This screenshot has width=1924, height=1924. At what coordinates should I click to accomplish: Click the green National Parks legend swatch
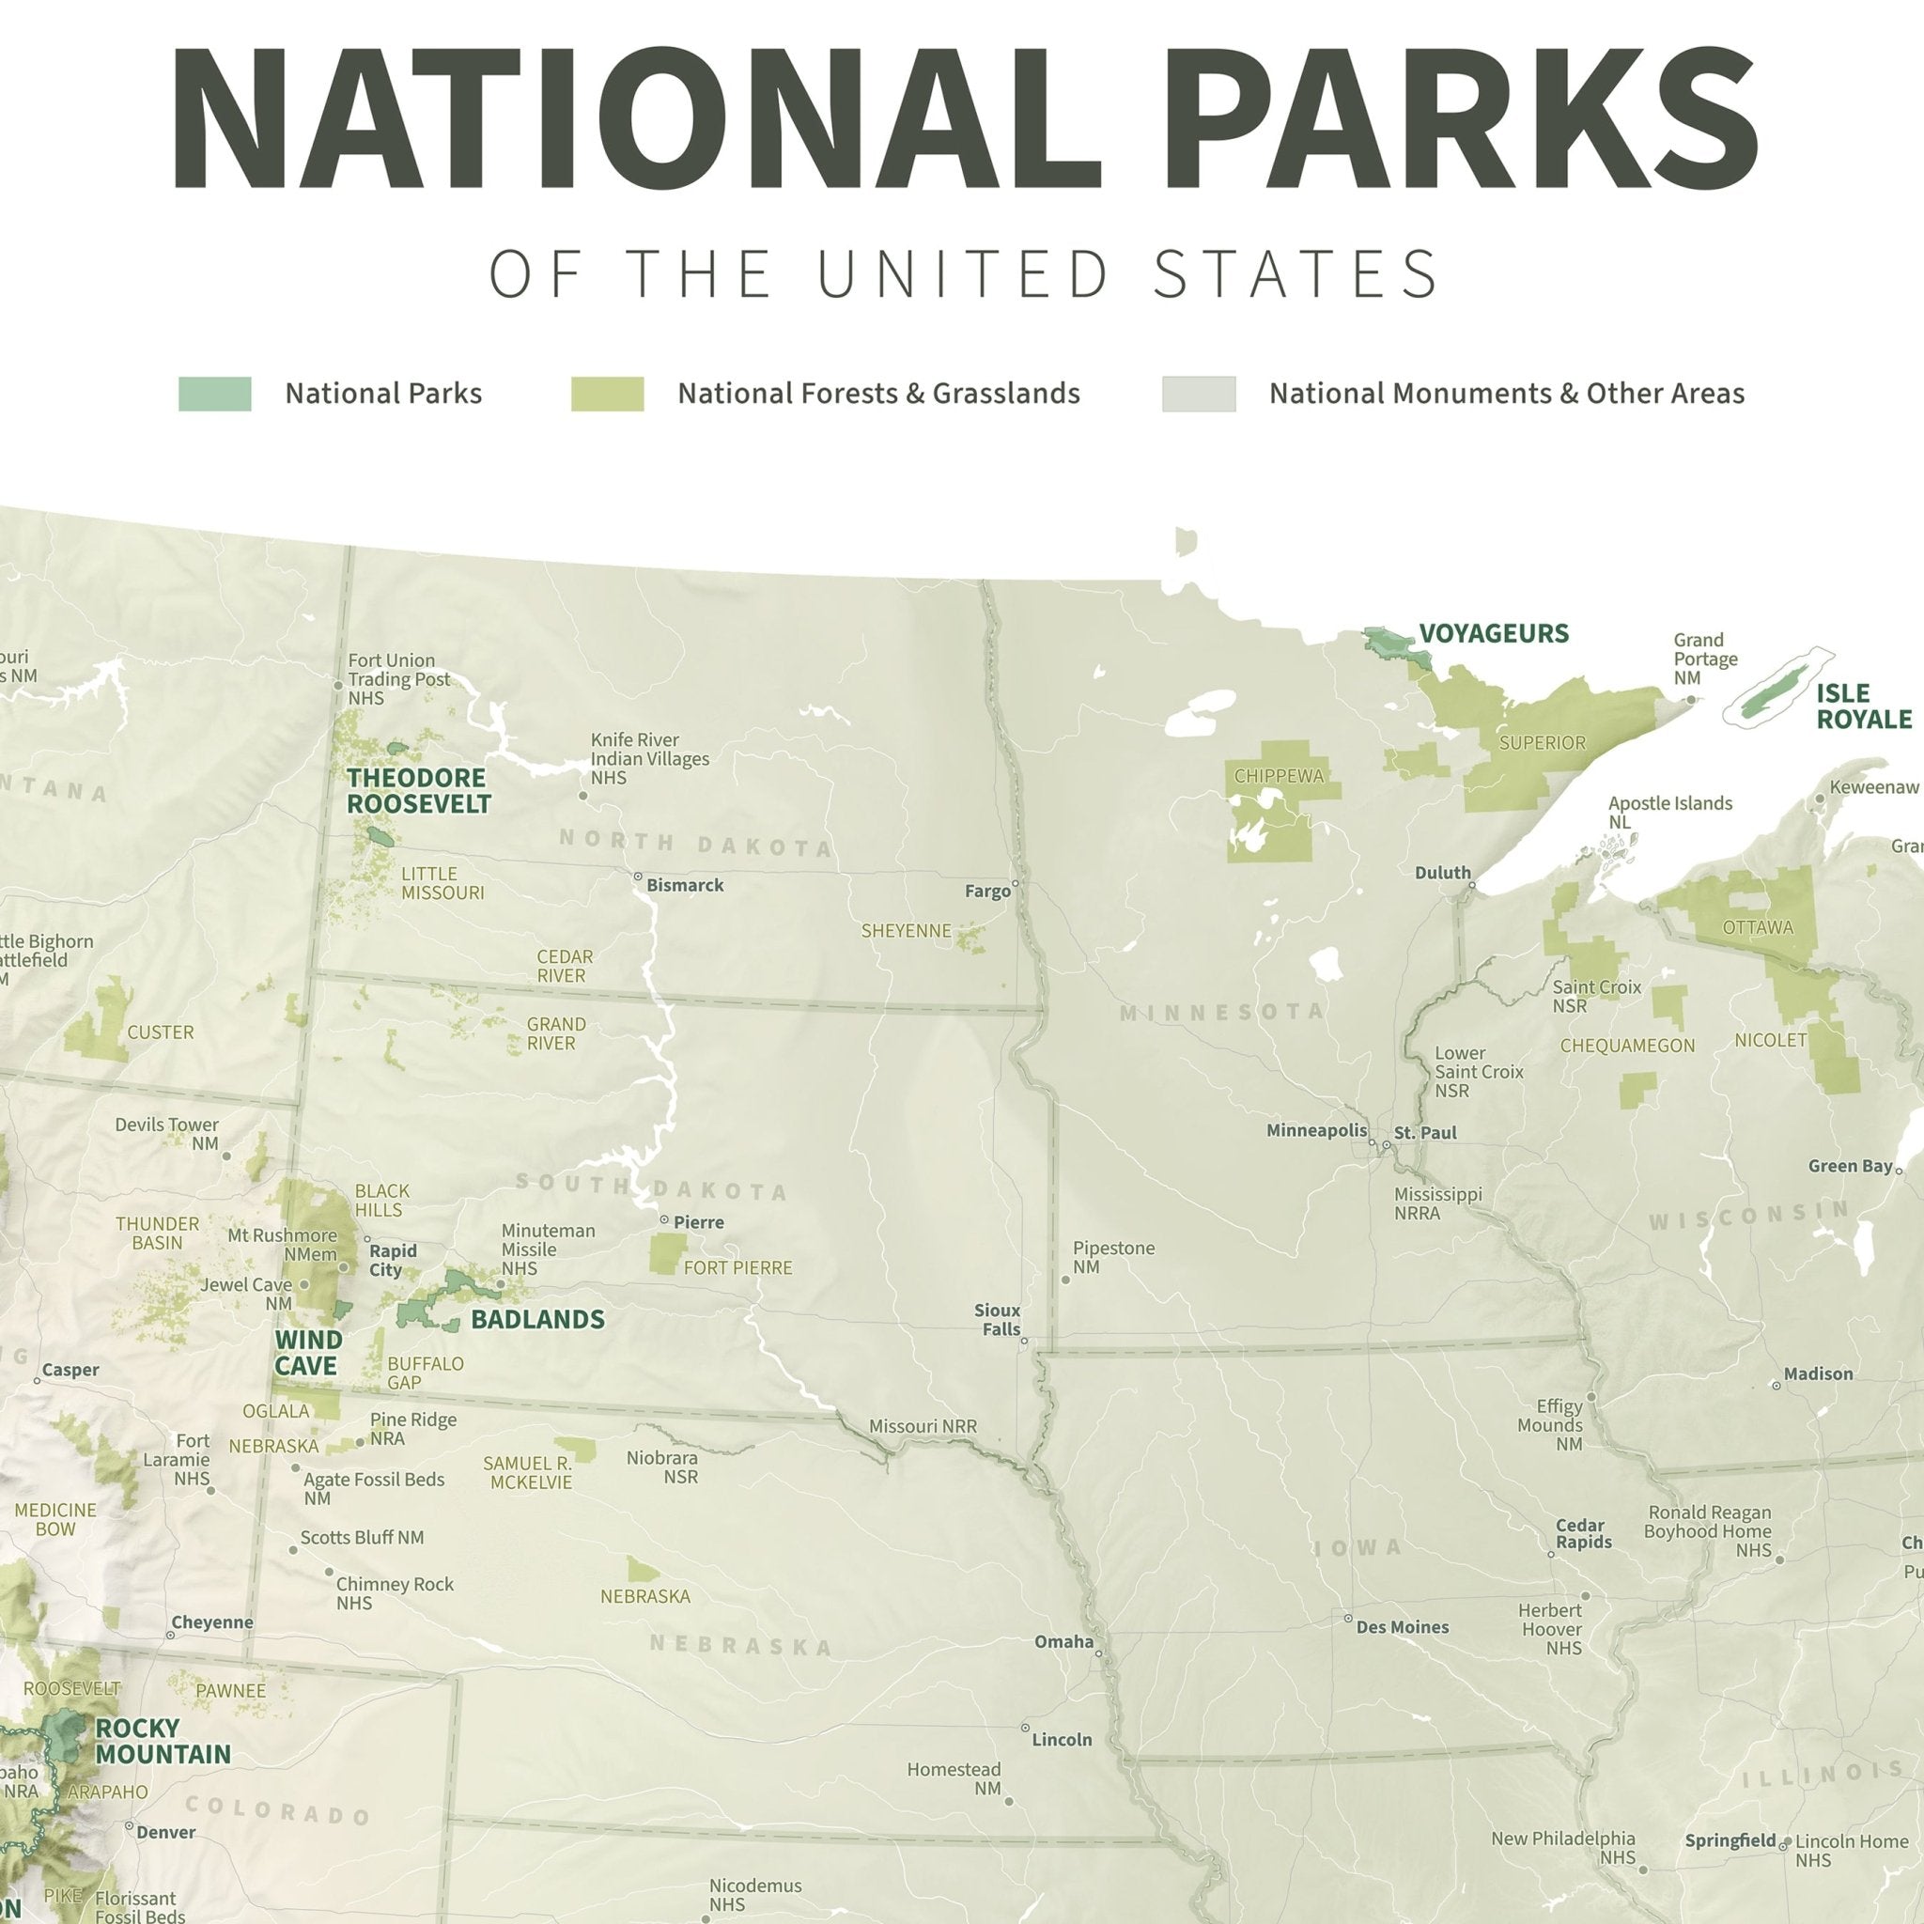(214, 394)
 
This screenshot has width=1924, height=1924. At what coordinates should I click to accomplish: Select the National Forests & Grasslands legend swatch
(607, 394)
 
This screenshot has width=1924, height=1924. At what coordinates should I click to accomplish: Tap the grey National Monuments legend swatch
(1198, 394)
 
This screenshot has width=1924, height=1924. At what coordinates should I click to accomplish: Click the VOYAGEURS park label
(1493, 633)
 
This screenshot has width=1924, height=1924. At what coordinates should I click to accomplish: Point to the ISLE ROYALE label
(1863, 706)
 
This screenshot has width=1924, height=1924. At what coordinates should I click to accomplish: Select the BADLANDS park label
(537, 1320)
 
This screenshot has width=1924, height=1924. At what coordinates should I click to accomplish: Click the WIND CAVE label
(308, 1353)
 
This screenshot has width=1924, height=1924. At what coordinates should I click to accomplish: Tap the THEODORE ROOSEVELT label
(418, 791)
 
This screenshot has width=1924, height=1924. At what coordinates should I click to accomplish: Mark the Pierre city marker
(664, 1218)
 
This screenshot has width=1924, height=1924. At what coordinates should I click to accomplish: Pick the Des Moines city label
(1403, 1627)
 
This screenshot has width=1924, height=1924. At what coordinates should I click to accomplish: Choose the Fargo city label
(987, 892)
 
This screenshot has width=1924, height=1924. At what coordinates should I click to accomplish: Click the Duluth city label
(1442, 873)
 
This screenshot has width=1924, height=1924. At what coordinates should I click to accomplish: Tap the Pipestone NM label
(1112, 1257)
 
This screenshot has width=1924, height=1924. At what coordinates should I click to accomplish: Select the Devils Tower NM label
(166, 1133)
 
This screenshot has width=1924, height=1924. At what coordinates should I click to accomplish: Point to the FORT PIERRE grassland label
(737, 1267)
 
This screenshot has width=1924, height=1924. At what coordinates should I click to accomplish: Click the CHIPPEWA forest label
(1279, 776)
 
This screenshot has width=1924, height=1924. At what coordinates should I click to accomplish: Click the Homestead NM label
(953, 1778)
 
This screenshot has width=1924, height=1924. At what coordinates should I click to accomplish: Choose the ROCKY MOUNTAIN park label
(163, 1741)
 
